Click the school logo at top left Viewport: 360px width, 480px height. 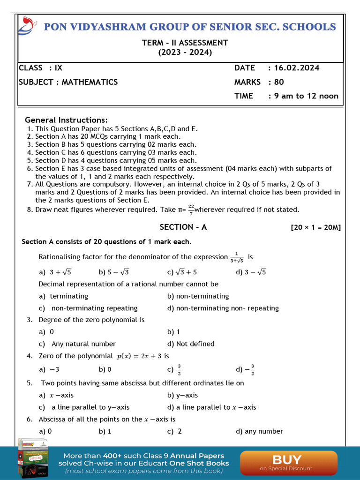(27, 26)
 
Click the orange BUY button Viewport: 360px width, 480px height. (288, 462)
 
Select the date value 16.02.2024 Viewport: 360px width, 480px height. (293, 68)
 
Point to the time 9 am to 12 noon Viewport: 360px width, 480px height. (303, 96)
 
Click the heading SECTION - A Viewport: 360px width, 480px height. (183, 227)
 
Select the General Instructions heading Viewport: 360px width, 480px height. (66, 120)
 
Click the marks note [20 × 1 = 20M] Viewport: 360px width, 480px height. (315, 228)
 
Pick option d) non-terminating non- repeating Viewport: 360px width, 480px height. (223, 308)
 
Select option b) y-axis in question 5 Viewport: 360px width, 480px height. (182, 395)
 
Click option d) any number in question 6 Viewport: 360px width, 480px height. (259, 431)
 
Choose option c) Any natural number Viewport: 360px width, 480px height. (77, 344)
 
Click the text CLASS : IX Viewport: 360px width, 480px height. (40, 68)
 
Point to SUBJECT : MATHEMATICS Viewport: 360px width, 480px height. (68, 82)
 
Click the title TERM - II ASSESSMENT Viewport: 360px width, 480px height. (185, 43)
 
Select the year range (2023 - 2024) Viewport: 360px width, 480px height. (185, 52)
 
